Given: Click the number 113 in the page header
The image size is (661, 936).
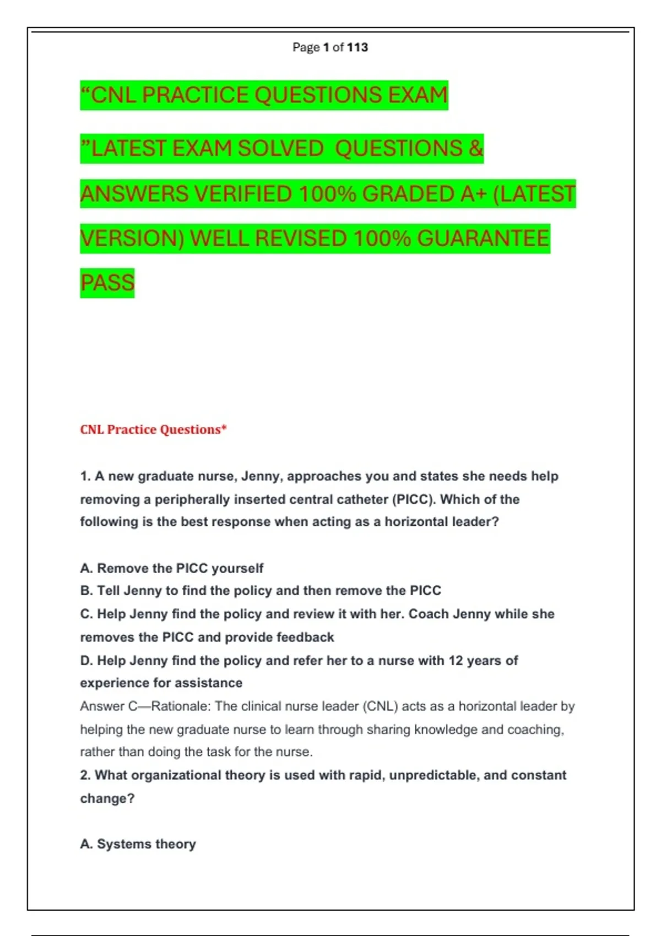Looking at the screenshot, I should click(357, 47).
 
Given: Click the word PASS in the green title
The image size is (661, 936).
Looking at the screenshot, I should click(107, 283).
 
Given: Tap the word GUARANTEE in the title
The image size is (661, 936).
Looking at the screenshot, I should click(483, 239).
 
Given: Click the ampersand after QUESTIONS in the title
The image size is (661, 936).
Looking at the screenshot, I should click(476, 149).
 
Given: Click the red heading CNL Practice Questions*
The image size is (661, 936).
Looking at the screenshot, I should click(153, 429).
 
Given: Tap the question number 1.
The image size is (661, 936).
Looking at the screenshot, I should click(85, 476).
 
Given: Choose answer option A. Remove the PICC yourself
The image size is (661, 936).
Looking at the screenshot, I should click(171, 568).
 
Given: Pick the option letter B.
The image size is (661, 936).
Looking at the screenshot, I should click(86, 591).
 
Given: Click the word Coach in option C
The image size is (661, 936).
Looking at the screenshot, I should click(428, 614).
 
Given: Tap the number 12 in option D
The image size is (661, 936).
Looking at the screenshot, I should click(455, 660).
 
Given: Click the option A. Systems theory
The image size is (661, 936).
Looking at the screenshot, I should click(138, 844).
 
